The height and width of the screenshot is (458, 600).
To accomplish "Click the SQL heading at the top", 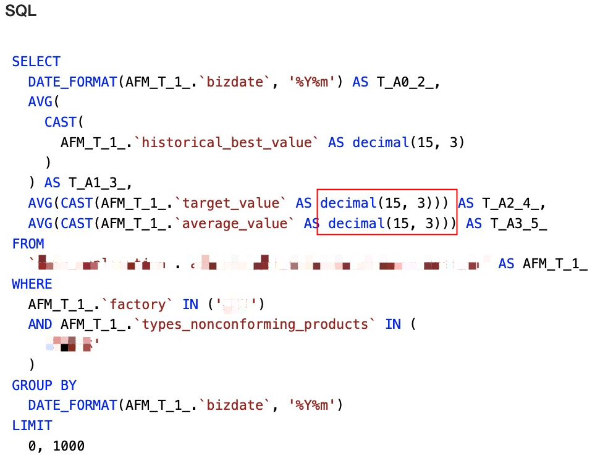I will (x=20, y=11).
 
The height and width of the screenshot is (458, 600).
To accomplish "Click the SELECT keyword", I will (x=36, y=62).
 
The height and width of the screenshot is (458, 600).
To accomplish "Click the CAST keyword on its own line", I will (x=61, y=122).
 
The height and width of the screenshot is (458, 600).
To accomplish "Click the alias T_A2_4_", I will (x=513, y=203).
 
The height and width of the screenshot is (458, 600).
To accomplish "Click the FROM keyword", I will (x=28, y=244).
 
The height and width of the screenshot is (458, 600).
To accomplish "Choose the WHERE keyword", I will (x=32, y=284).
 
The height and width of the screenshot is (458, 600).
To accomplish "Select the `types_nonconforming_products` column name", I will (x=255, y=324).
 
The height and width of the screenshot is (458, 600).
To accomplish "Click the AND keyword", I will (x=40, y=324).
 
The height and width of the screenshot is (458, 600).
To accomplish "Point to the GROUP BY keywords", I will (x=44, y=386).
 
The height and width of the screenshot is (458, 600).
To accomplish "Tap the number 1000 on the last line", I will (x=69, y=446).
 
